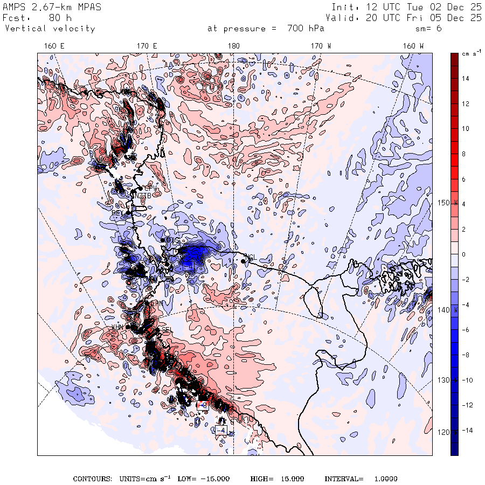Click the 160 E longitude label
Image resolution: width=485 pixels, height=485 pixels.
click(54, 46)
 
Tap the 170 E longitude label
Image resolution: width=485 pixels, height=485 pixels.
click(147, 46)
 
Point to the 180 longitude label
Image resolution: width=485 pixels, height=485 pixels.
click(233, 46)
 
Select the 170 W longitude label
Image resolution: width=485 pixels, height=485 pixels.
click(321, 46)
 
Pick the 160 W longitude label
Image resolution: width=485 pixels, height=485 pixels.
click(413, 46)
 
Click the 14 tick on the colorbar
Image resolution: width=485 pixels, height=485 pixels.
click(466, 79)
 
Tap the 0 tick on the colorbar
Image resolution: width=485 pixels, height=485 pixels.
click(463, 254)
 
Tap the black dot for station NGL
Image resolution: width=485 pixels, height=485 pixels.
click(244, 261)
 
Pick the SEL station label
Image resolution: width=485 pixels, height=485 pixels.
click(167, 330)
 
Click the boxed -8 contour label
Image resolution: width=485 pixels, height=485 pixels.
click(203, 405)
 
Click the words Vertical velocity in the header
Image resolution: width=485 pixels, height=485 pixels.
click(50, 29)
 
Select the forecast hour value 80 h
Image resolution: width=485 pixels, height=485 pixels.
click(59, 18)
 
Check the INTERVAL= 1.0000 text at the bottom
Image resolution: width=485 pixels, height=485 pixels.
click(361, 479)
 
